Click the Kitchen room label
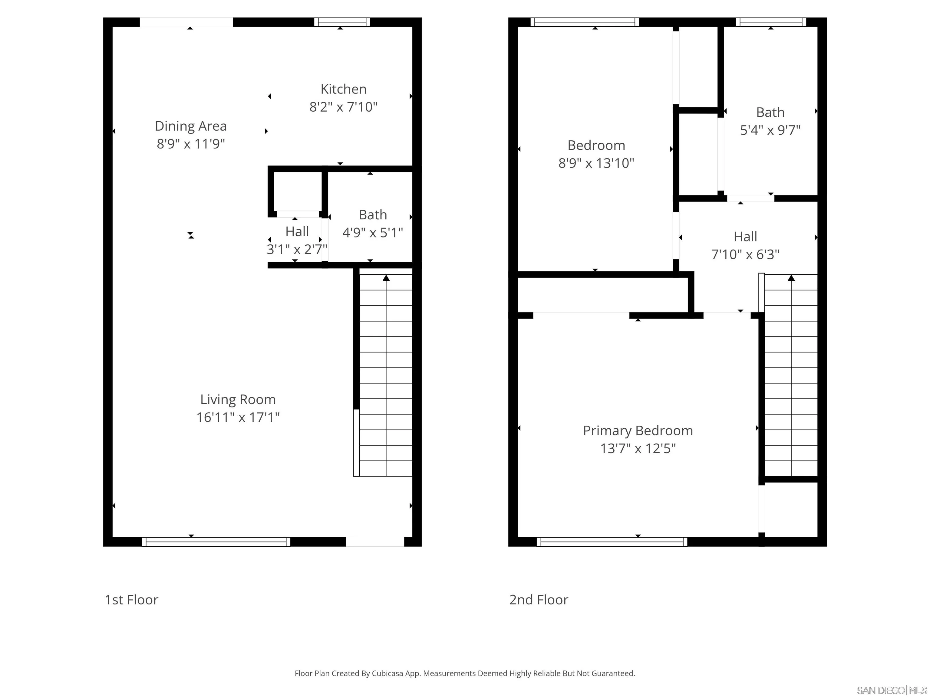tap(344, 89)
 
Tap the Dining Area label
tap(191, 126)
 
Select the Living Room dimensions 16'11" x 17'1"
tap(238, 417)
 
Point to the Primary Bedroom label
tap(638, 431)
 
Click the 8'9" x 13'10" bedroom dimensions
tap(596, 163)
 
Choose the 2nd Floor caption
tap(539, 600)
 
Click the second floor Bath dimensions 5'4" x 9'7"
tap(770, 130)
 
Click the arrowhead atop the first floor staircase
tap(386, 278)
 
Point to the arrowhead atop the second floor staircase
tap(791, 278)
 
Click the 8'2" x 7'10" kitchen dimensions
tap(344, 107)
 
